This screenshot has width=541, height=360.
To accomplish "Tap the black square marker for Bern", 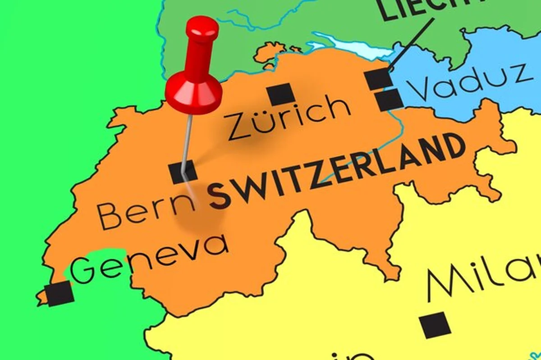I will click(x=183, y=172).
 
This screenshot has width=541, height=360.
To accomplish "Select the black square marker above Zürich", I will click(x=280, y=95).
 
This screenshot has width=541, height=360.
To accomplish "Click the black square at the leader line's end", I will click(x=378, y=79).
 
